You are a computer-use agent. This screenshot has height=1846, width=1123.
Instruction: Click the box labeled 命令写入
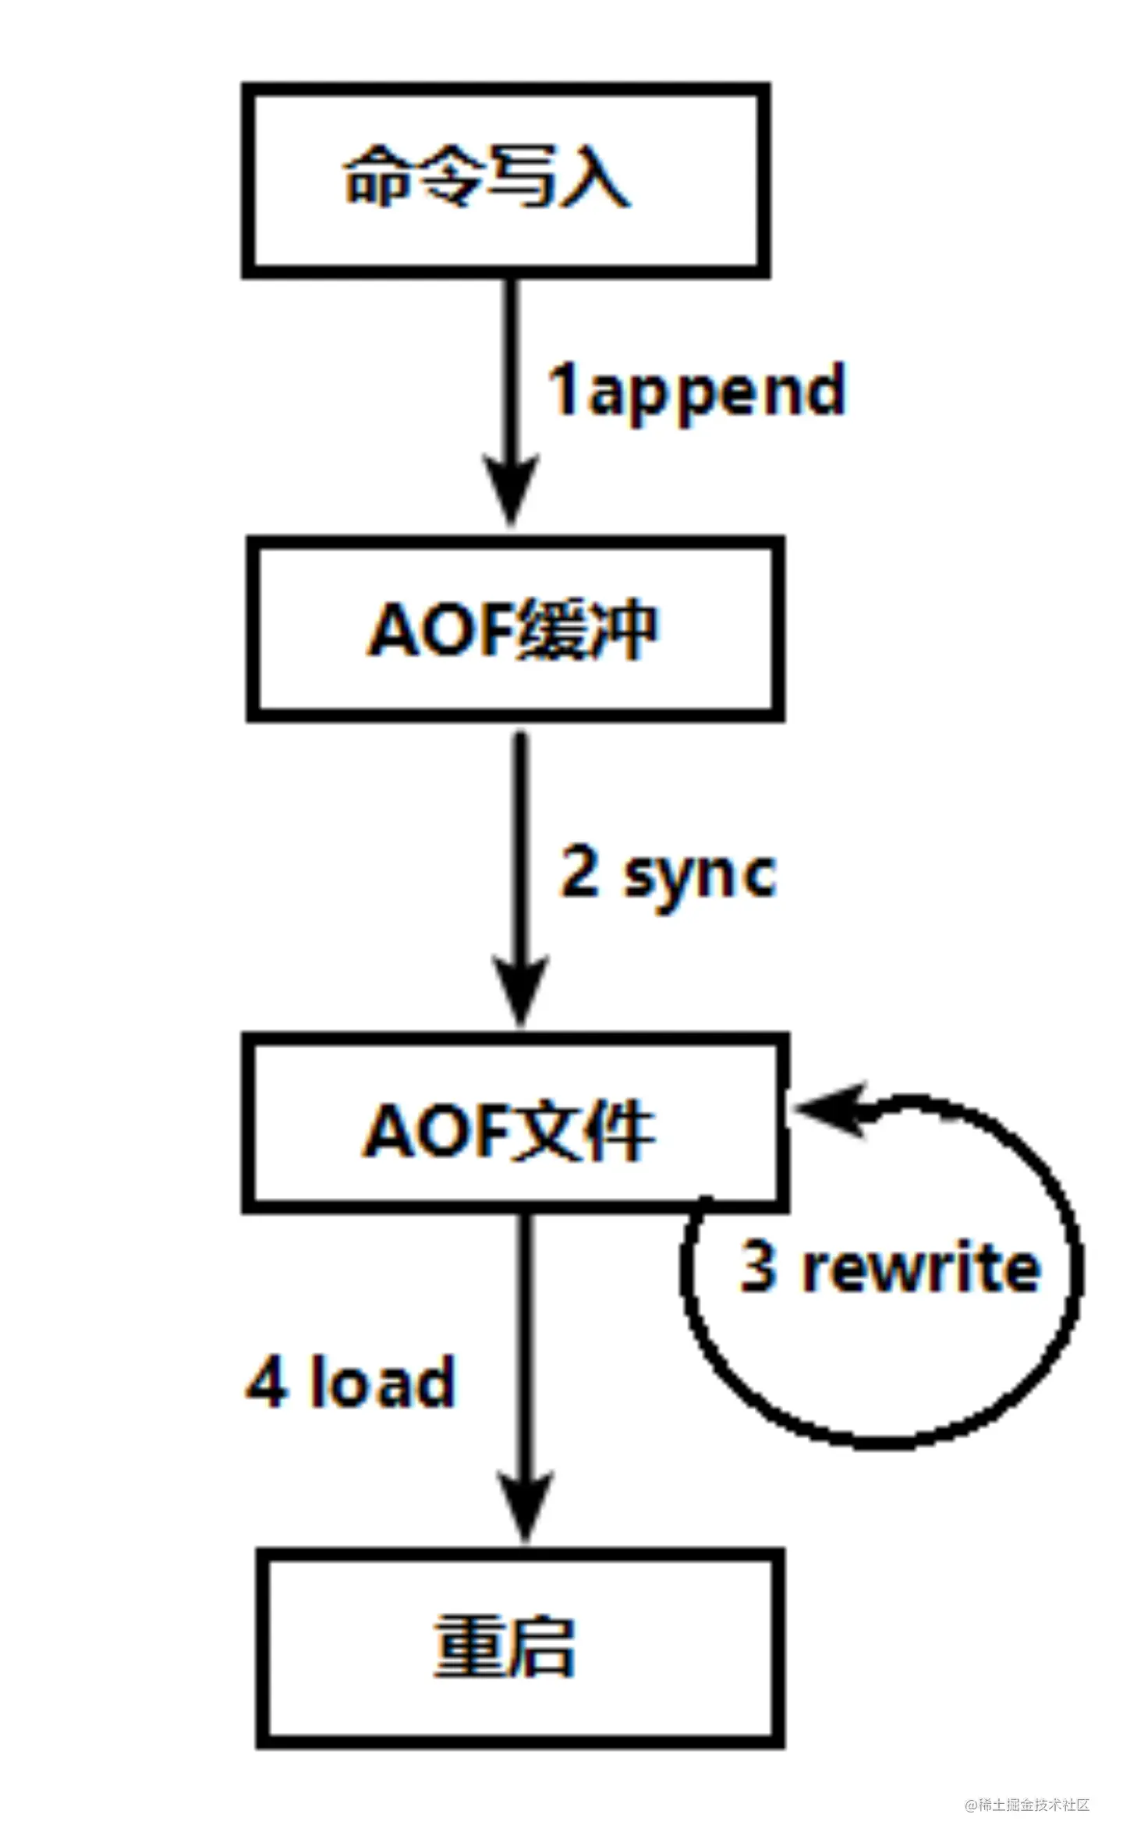505,179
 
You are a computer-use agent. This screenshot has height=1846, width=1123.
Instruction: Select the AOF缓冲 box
515,629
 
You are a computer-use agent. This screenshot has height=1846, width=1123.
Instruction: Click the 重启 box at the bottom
519,1647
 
